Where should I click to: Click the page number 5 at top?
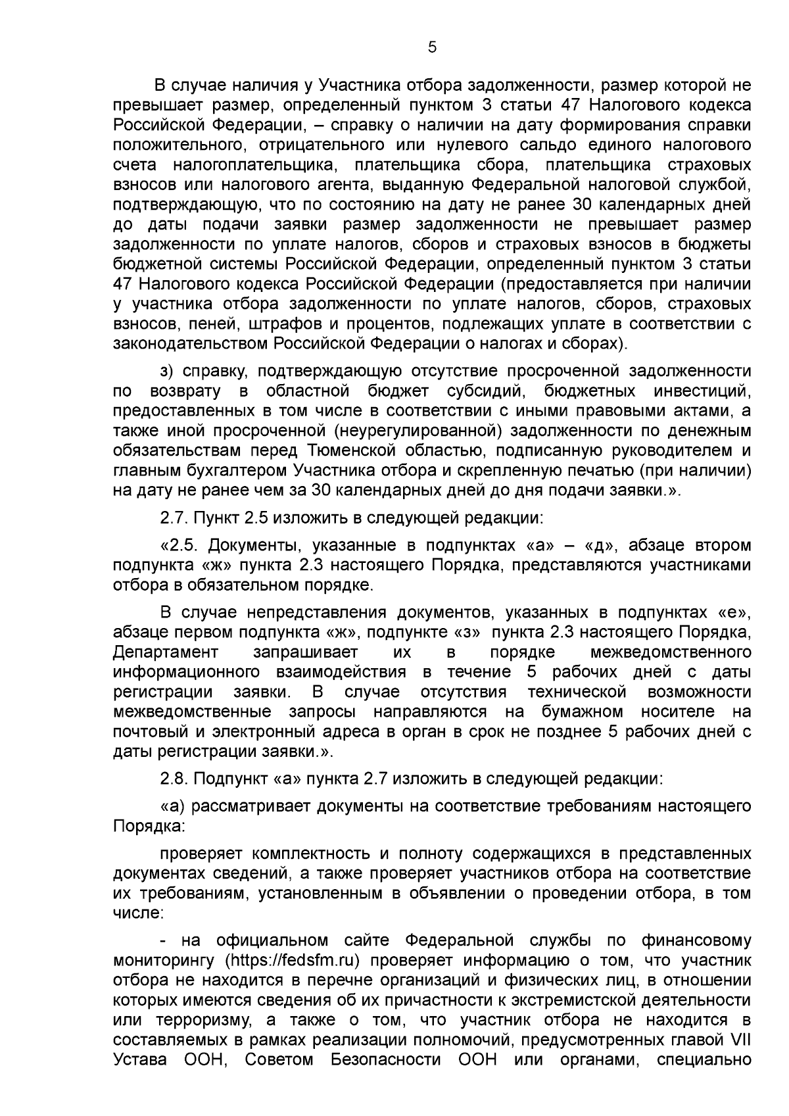click(x=432, y=47)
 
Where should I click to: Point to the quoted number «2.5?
click(x=177, y=545)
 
